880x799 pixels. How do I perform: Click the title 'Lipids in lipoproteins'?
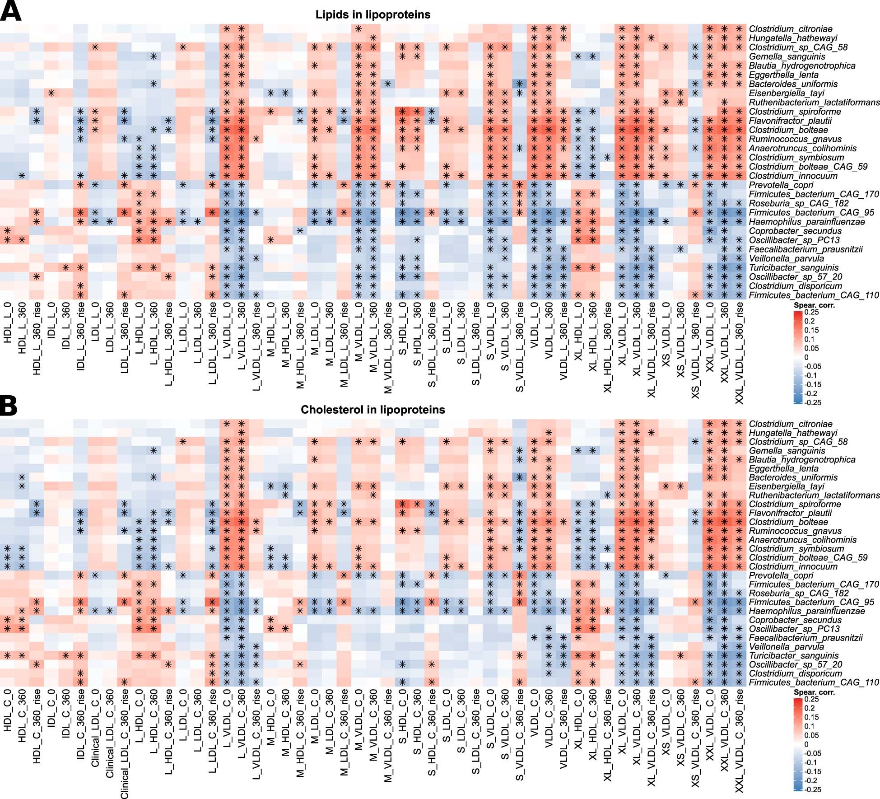(x=372, y=14)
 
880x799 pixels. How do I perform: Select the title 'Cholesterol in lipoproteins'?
(x=372, y=410)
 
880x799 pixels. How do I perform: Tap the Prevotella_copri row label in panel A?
(x=781, y=185)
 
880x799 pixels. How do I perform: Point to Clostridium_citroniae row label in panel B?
(x=790, y=424)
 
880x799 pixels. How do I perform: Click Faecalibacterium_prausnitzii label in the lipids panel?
(x=806, y=249)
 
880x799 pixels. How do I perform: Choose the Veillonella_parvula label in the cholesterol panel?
(x=786, y=647)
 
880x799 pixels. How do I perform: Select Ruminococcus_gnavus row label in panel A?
(x=795, y=139)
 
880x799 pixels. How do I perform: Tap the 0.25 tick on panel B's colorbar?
(x=811, y=699)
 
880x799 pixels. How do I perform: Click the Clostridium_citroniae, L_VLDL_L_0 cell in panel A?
(x=227, y=29)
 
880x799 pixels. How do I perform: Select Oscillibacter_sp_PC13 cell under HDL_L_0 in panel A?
(x=7, y=240)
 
